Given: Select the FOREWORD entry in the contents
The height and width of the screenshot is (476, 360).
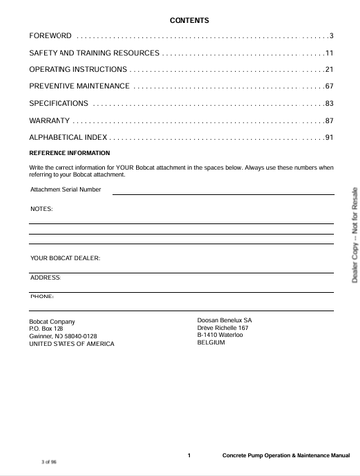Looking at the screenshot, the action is coord(52,36).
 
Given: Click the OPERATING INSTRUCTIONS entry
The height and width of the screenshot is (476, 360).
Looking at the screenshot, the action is coord(77,70).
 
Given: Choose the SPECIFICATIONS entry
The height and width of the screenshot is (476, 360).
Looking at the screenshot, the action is coord(59,104).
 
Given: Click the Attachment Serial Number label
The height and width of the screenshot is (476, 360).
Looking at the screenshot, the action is coord(65,189).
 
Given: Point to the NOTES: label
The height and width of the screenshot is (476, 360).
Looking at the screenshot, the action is coord(42,209).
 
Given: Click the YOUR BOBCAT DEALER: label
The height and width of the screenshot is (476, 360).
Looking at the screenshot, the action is coord(65,258).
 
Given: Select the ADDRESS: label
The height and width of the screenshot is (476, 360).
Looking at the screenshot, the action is coord(46,278).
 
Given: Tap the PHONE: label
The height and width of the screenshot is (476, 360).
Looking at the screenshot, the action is coord(42,297).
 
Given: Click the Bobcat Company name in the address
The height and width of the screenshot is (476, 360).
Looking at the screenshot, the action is coord(53,322).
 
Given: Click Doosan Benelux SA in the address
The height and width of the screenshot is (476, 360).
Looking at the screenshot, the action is coord(225,321).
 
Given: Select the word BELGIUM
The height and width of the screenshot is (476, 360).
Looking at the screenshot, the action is coord(212,344).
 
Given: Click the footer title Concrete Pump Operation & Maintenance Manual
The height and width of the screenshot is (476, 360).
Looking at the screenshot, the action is coord(286,456).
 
